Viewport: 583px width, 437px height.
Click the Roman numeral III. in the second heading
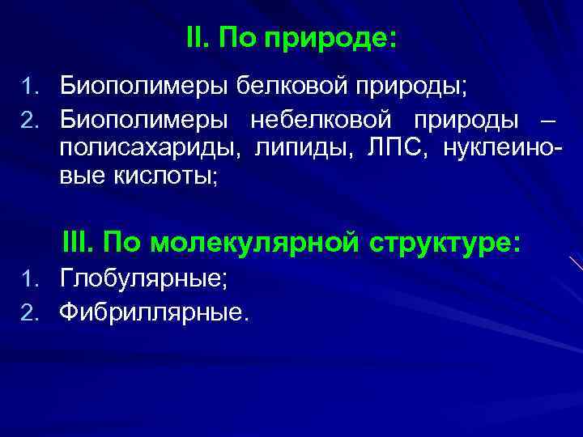[x=79, y=242]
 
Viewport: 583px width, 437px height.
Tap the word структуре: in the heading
[x=449, y=242]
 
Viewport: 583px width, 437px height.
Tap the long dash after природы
[x=547, y=121]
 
